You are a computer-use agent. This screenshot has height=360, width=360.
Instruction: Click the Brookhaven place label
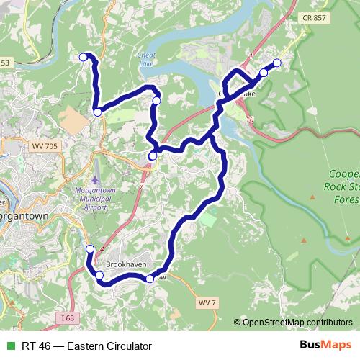127,265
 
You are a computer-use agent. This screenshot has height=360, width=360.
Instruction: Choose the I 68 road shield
67,318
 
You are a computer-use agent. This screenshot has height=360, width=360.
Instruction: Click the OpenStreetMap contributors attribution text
297,323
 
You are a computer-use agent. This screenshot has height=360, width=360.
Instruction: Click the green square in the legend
10,346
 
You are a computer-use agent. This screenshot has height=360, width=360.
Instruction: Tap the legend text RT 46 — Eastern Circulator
86,346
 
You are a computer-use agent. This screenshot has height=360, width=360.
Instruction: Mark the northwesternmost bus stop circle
83,57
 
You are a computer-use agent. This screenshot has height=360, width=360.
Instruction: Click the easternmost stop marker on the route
277,63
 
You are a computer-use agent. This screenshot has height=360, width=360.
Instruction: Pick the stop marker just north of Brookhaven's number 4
90,249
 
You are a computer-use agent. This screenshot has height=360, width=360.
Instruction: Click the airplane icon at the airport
96,179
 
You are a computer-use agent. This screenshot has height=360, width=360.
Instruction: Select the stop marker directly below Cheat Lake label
157,101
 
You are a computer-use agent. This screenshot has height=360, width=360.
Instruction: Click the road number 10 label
249,119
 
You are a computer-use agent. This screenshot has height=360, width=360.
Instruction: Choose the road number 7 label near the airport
141,186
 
